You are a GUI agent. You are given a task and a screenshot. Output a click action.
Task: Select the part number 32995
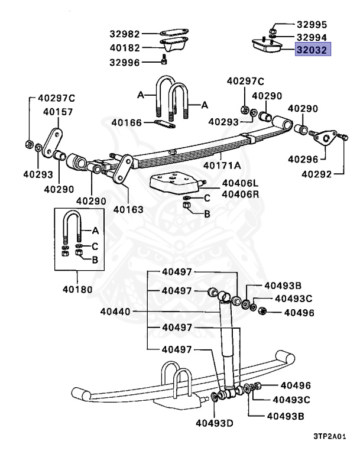[311, 26]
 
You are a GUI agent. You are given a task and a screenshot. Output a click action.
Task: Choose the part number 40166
[128, 123]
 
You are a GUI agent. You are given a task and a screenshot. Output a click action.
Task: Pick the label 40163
[128, 209]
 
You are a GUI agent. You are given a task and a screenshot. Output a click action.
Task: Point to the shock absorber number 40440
[118, 312]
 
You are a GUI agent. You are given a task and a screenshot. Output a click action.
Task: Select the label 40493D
[215, 422]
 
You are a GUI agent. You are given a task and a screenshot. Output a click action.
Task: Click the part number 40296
[303, 159]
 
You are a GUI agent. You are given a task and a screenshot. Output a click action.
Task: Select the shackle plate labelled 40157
[54, 140]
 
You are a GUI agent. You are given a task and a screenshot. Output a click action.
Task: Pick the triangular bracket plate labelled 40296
[325, 138]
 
